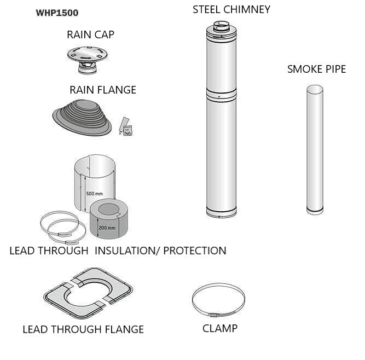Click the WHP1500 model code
tap(57, 13)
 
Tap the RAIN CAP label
tap(90, 34)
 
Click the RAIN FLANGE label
tap(102, 90)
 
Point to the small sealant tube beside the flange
tap(125, 123)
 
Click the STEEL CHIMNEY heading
tap(231, 9)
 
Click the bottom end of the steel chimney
tap(221, 213)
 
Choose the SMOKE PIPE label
tap(316, 69)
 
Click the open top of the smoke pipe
tap(315, 89)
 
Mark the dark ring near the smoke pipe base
tap(315, 208)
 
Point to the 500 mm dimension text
tap(94, 194)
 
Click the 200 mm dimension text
tap(107, 228)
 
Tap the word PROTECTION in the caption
tap(195, 251)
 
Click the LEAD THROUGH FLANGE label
tap(83, 329)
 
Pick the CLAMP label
tap(220, 328)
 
